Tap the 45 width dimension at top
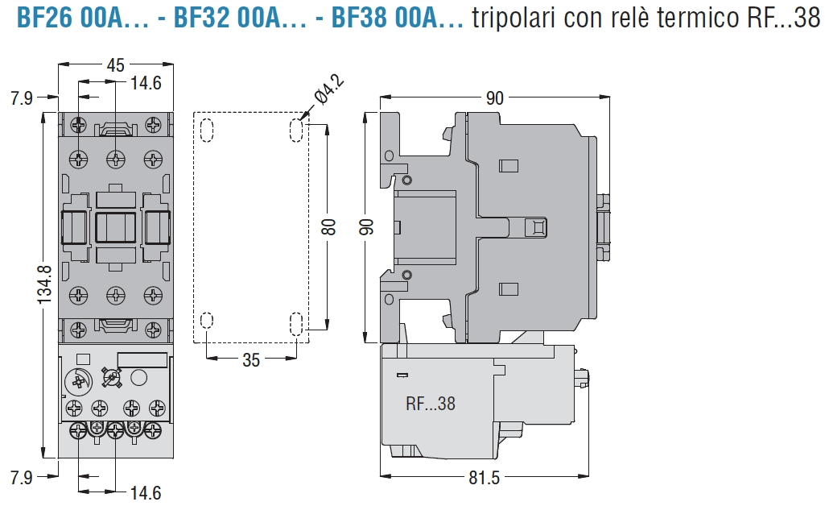click(115, 64)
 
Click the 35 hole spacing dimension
click(251, 360)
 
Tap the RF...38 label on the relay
click(430, 404)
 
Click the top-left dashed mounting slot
click(206, 131)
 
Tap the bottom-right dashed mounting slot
click(297, 324)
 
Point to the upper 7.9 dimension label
click(22, 99)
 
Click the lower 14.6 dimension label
click(146, 492)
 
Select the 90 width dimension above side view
click(494, 97)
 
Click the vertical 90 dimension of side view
click(367, 226)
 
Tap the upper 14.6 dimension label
click(146, 82)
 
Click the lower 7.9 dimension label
click(22, 477)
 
